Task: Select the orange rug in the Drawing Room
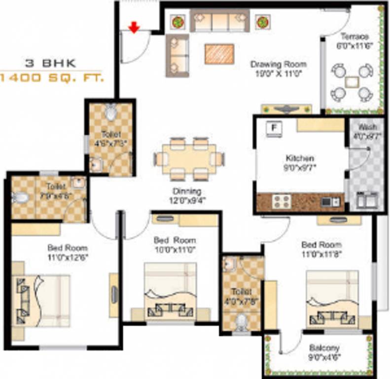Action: [219, 53]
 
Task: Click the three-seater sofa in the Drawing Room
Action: [219, 21]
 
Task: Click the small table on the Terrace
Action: [352, 81]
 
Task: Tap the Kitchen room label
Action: [299, 158]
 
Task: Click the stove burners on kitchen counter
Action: [282, 201]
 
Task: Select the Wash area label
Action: [367, 127]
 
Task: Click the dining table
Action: [189, 159]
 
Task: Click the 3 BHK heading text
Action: [51, 63]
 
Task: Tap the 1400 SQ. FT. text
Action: [51, 78]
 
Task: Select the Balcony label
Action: [324, 348]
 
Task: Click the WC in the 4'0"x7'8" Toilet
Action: [241, 321]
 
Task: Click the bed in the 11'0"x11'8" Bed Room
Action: [332, 298]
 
